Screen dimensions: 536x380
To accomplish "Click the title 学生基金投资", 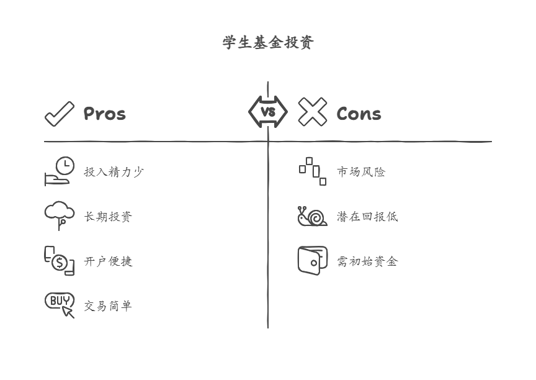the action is pyautogui.click(x=268, y=42).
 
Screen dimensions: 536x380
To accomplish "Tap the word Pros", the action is pyautogui.click(x=105, y=114).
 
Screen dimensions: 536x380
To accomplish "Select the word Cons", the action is pyautogui.click(x=359, y=114).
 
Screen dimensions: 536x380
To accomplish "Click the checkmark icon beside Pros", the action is pyautogui.click(x=60, y=114).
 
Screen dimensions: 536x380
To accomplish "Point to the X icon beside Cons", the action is pyautogui.click(x=313, y=112).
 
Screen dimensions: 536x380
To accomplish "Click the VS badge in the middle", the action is pyautogui.click(x=268, y=112).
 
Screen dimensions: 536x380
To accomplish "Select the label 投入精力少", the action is pyautogui.click(x=114, y=172).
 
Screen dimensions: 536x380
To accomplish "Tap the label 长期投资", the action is pyautogui.click(x=108, y=217).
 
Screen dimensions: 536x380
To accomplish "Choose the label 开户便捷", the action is pyautogui.click(x=108, y=261).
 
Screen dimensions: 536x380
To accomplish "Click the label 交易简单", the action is pyautogui.click(x=108, y=305).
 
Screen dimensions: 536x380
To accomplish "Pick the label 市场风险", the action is pyautogui.click(x=361, y=172).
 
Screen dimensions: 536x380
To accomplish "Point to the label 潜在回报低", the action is pyautogui.click(x=367, y=217).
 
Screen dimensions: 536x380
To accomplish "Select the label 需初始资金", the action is pyautogui.click(x=367, y=261).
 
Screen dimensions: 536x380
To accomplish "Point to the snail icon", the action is pyautogui.click(x=313, y=216).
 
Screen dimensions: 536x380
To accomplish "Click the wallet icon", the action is pyautogui.click(x=313, y=261).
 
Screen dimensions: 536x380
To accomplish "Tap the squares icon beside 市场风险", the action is pyautogui.click(x=313, y=171).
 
